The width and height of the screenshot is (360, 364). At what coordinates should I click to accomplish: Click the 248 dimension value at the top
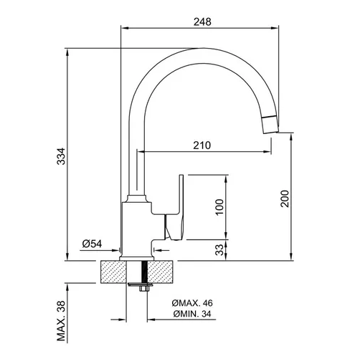coord(202,21)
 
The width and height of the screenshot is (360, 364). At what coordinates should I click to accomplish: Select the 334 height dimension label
coord(61,156)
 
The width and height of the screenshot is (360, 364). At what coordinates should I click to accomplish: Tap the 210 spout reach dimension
coord(202,145)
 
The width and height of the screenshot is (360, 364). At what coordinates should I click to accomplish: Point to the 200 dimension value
coord(285,198)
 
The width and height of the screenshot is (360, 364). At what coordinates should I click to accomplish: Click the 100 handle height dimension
coord(219,207)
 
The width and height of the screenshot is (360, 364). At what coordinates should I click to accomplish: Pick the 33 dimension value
coord(220,249)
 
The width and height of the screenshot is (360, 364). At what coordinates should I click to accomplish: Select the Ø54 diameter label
coord(92,244)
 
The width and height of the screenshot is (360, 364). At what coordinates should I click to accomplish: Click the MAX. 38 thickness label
coord(61,320)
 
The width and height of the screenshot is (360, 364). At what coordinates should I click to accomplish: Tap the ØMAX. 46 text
coord(192,303)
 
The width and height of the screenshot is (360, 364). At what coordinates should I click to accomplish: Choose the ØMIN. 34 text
coord(192,314)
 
